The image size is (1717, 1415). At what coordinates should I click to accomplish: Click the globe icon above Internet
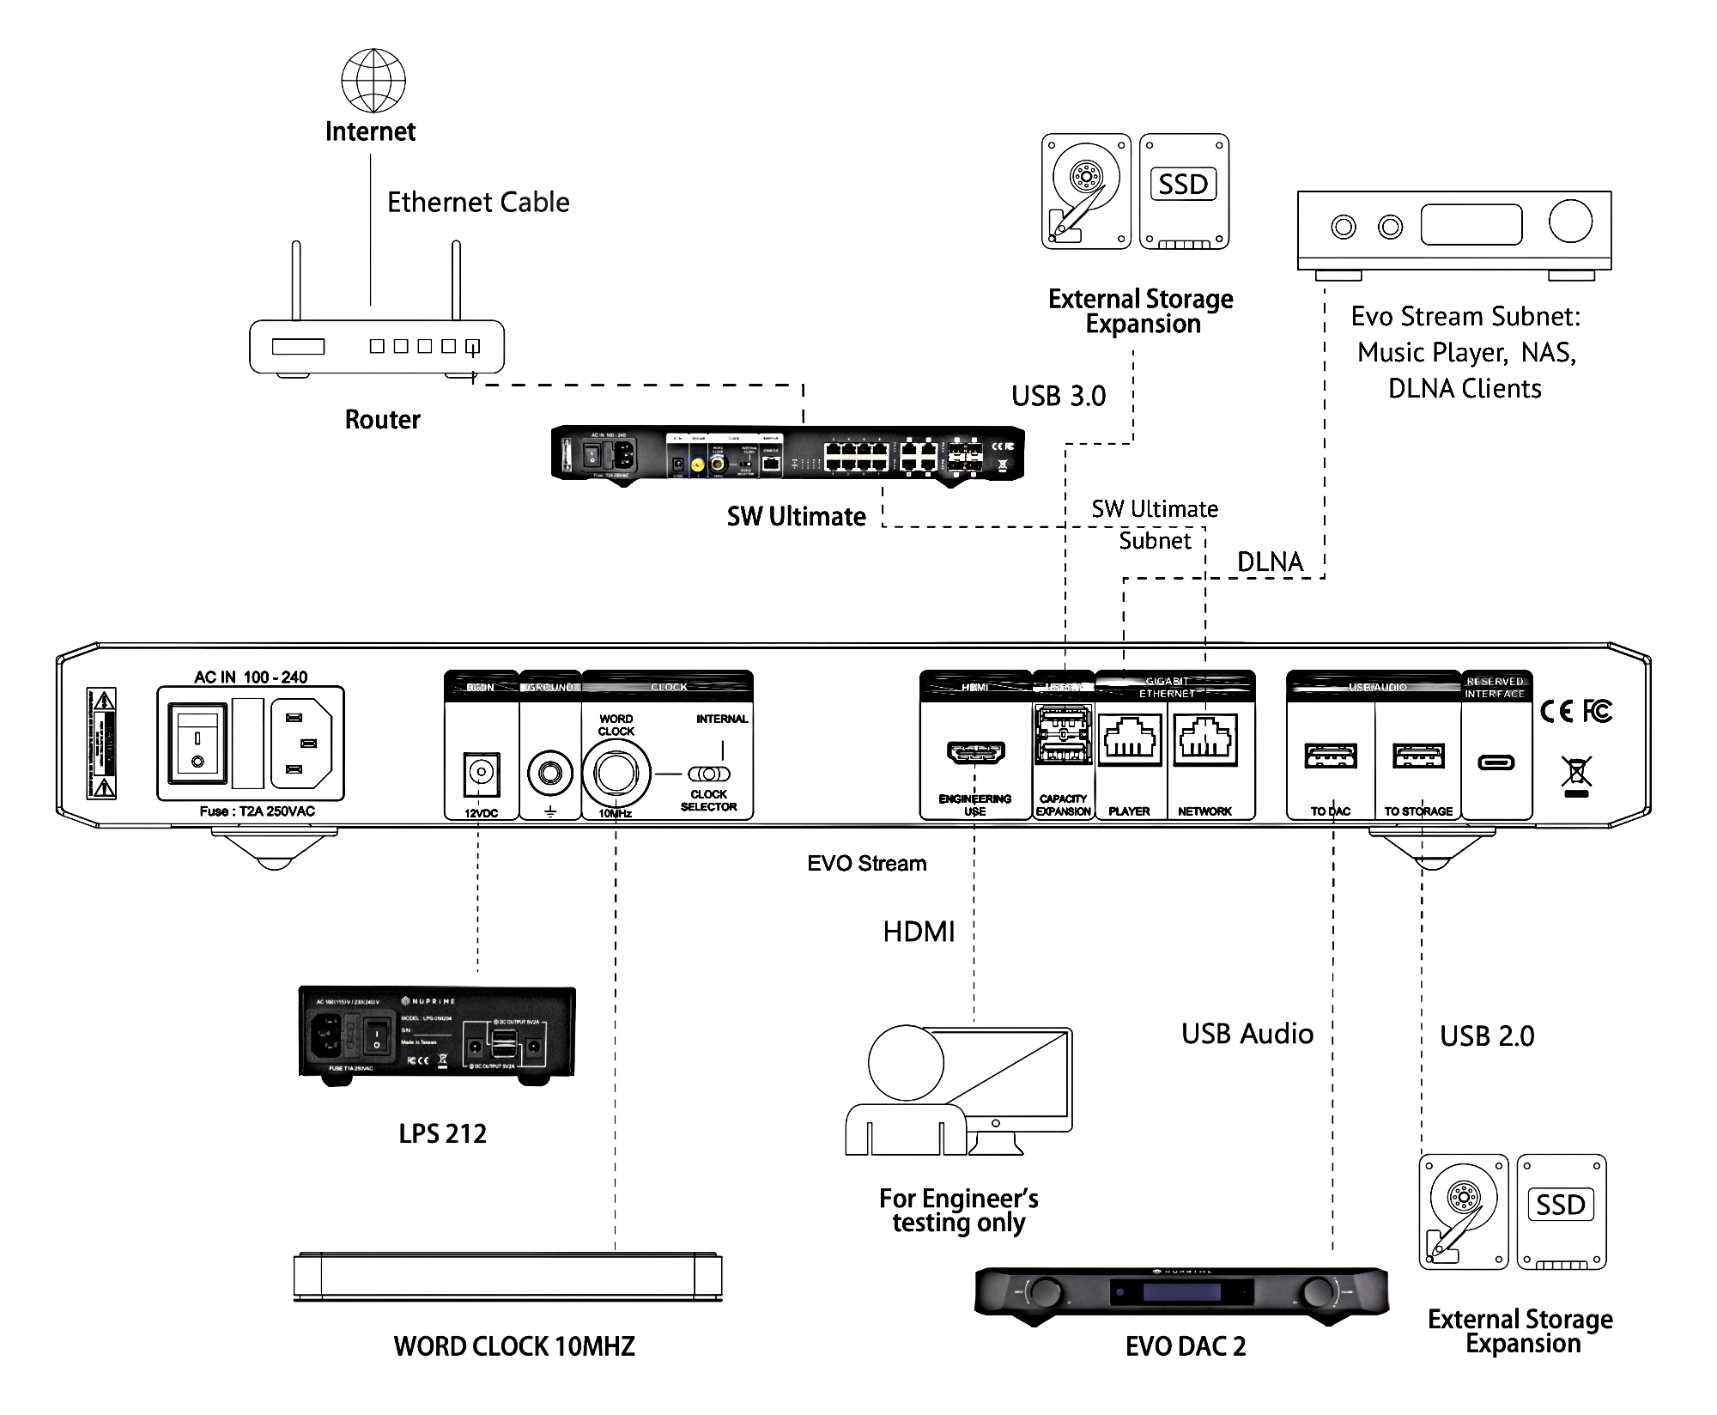tap(373, 80)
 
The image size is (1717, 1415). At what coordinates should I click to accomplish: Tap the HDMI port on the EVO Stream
tap(975, 752)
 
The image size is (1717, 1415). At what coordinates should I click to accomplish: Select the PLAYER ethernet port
tap(1129, 740)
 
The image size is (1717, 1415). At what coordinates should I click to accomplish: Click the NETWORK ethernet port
tap(1205, 740)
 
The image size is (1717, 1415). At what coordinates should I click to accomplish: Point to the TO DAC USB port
tap(1331, 756)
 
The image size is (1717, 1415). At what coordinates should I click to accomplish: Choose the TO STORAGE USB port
tap(1418, 756)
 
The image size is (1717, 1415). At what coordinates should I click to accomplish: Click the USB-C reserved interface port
tap(1496, 762)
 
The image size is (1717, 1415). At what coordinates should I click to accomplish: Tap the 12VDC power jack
tap(481, 776)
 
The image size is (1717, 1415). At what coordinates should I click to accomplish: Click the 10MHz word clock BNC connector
tap(615, 774)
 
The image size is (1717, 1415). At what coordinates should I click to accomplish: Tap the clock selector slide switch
tap(709, 774)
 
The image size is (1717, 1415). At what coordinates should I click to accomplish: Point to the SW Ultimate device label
tap(796, 517)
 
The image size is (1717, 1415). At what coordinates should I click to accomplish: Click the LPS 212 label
tap(442, 1133)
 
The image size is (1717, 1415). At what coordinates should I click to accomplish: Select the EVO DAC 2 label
tap(1185, 1346)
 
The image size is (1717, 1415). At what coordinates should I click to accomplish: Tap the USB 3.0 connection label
tap(1058, 396)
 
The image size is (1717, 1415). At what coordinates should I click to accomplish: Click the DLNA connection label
tap(1270, 562)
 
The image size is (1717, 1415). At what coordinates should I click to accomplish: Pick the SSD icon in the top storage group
tap(1184, 191)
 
